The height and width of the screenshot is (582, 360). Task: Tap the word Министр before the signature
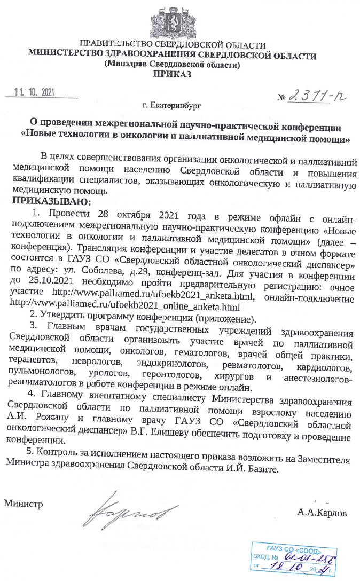point(24,503)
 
